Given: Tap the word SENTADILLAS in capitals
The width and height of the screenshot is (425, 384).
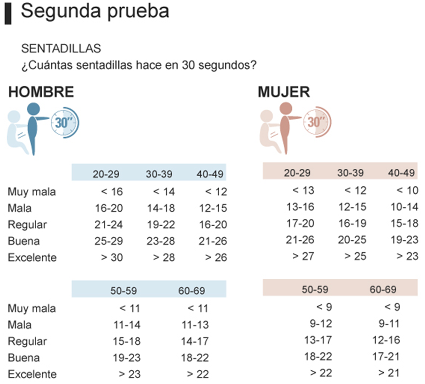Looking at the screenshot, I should [61, 49].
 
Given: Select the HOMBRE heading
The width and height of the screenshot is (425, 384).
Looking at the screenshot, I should [41, 92].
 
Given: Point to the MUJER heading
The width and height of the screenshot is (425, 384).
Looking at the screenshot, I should [284, 92].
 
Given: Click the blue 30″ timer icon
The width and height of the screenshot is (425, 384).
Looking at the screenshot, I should [65, 122].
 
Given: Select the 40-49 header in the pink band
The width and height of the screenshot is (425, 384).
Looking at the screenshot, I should [401, 173].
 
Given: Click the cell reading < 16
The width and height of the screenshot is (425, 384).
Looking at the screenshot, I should [111, 192].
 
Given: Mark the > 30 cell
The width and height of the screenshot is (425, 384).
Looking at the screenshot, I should [111, 258].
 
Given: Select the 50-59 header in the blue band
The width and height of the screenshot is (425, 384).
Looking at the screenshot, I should [125, 291].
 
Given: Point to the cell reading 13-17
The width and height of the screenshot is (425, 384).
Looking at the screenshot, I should [318, 340].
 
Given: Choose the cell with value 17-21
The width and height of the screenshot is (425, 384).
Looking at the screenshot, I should [386, 357].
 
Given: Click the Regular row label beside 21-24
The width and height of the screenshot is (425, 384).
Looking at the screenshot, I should [27, 225].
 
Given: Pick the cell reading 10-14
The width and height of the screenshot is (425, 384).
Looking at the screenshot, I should [404, 207].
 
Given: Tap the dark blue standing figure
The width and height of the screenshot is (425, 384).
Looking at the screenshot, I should [33, 127].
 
